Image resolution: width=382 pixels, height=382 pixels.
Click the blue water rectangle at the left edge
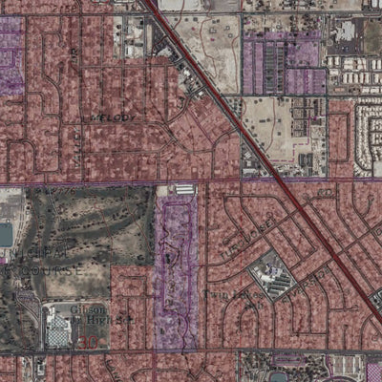5,234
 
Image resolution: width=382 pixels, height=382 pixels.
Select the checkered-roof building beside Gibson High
58,329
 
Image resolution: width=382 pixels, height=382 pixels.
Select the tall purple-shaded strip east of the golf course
176,272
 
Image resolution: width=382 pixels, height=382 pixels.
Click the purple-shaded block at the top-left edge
10,57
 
